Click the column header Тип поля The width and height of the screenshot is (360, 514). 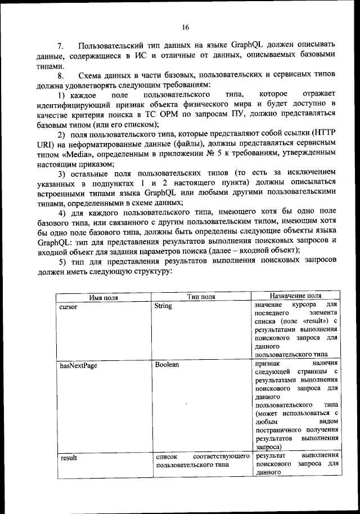[201, 297]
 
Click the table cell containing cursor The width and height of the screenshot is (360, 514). [69, 307]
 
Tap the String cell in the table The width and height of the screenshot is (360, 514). [163, 306]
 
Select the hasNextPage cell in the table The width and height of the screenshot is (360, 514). [79, 365]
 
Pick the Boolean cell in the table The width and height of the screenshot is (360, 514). [167, 365]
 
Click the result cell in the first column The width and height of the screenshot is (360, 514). [68, 458]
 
